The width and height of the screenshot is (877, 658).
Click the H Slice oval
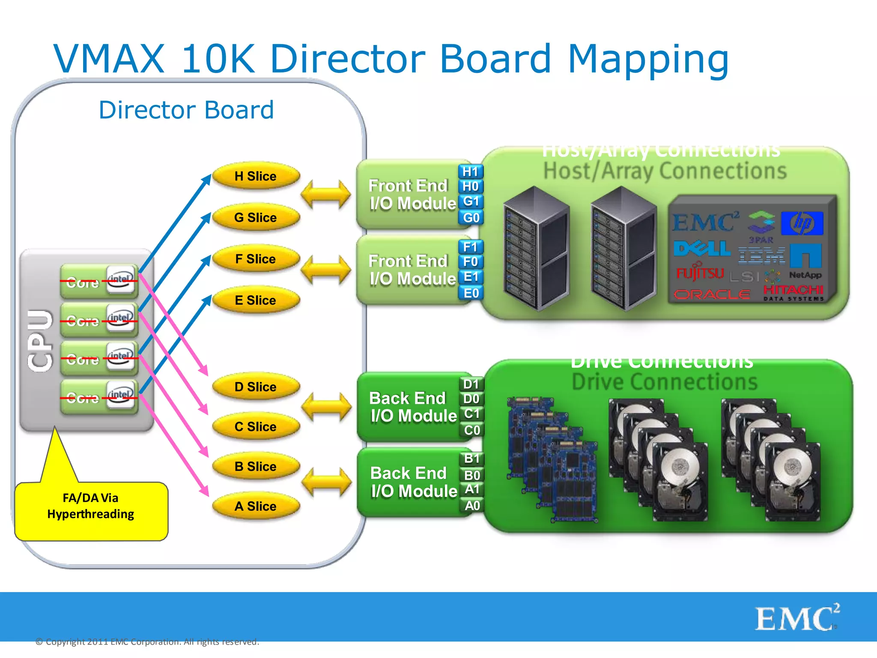click(x=256, y=176)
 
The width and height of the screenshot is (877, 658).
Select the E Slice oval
click(x=256, y=300)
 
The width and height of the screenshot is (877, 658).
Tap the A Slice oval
click(x=256, y=506)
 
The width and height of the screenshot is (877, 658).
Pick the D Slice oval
click(x=256, y=387)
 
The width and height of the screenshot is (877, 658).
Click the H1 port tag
click(x=471, y=172)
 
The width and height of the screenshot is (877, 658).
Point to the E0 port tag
click(x=471, y=293)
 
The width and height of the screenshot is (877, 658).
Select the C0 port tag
click(x=472, y=430)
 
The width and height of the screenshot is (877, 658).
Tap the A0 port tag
click(x=472, y=506)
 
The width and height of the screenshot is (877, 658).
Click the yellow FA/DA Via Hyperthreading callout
click(x=91, y=510)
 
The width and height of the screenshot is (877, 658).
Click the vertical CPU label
click(x=40, y=341)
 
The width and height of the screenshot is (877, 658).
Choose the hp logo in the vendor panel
click(x=802, y=223)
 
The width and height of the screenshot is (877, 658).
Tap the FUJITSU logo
click(x=700, y=273)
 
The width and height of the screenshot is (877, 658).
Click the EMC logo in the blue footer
click(x=796, y=618)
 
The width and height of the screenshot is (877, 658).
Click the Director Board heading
click(x=186, y=110)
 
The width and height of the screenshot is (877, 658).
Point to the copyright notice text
click(x=147, y=642)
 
